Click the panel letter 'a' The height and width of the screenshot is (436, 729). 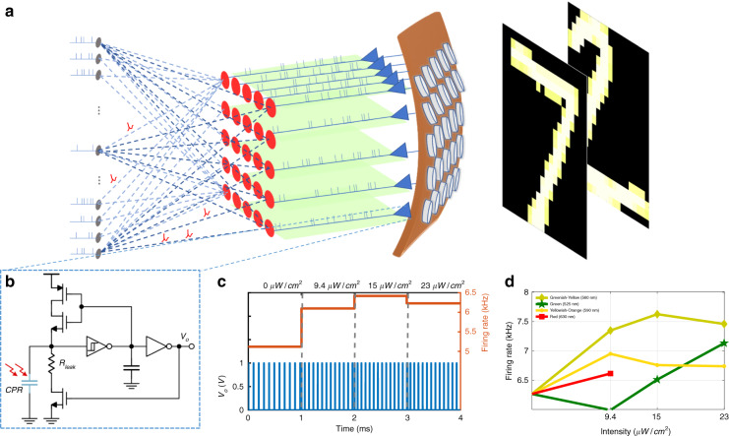click(8, 13)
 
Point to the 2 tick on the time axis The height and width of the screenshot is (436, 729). click(353, 417)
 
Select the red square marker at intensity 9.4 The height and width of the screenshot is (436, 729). click(610, 374)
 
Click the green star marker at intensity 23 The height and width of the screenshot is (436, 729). click(698, 343)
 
